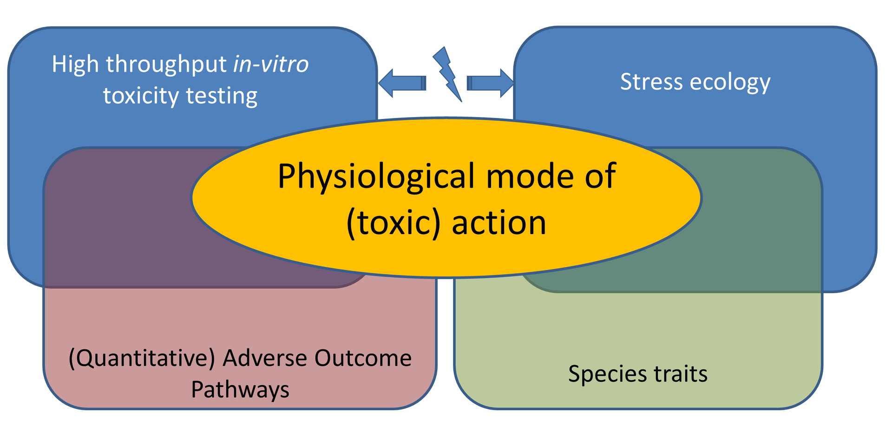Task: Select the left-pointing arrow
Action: coord(401,83)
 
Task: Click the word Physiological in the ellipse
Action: coord(377,177)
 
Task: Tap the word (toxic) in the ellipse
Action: coord(393,223)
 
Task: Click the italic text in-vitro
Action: coord(270,64)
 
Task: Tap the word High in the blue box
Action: coord(75,64)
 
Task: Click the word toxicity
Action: coord(141,96)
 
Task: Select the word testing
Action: coord(222,97)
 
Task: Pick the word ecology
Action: coord(730,83)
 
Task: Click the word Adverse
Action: coord(265,358)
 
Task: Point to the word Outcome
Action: coord(363,358)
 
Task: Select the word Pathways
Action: coord(240,390)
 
